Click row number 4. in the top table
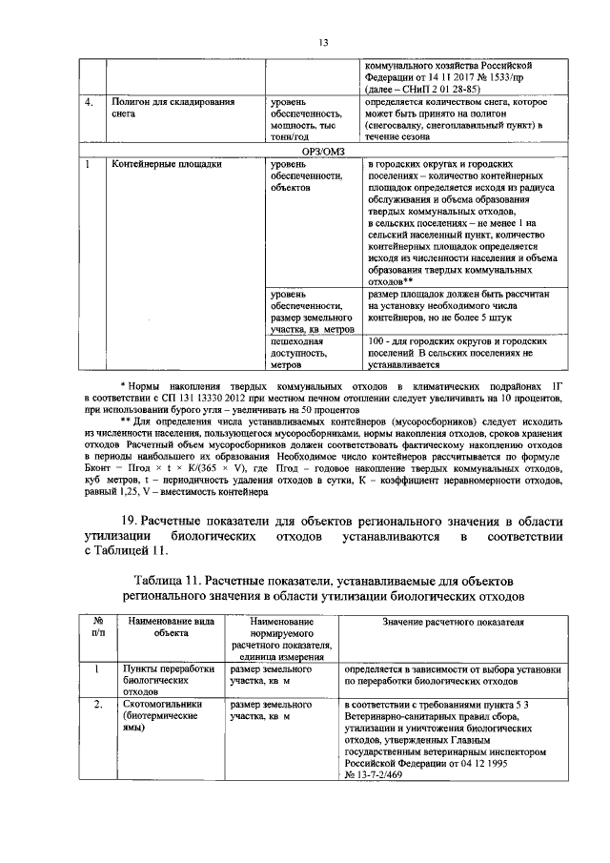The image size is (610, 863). [88, 100]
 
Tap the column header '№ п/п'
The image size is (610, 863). [96, 627]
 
